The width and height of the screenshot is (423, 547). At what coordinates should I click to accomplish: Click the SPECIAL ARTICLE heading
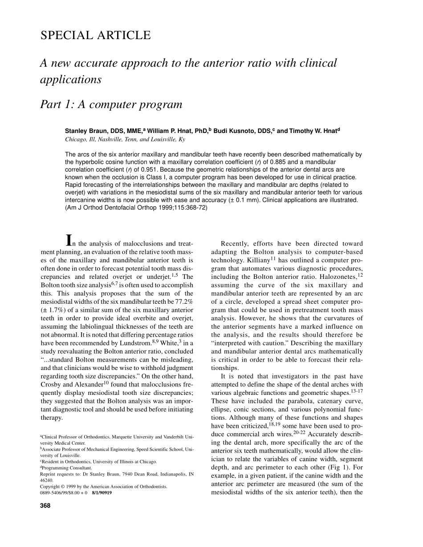click(96, 36)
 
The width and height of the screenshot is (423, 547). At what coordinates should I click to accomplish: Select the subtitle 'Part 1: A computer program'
click(111, 105)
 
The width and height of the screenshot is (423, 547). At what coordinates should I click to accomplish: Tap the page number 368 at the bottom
click(45, 506)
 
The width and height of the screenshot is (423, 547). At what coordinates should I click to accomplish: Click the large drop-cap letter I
click(69, 241)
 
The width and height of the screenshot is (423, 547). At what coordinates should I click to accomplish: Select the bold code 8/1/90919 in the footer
click(102, 493)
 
